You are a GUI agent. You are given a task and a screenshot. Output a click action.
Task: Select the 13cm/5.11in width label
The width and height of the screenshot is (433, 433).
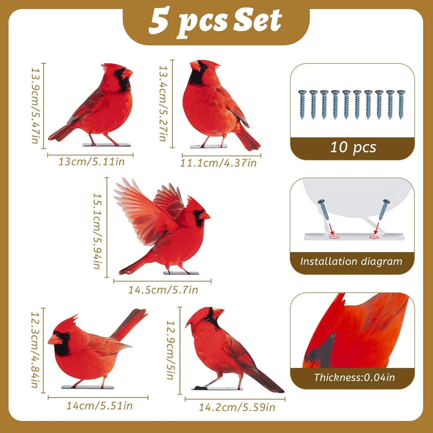pyautogui.click(x=91, y=162)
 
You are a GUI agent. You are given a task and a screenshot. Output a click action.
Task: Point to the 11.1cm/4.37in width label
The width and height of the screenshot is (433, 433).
pyautogui.click(x=218, y=163)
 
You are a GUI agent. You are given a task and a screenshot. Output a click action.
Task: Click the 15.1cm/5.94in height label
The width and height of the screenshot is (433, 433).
pyautogui.click(x=98, y=230)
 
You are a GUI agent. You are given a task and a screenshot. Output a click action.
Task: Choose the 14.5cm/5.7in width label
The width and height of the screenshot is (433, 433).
pyautogui.click(x=163, y=290)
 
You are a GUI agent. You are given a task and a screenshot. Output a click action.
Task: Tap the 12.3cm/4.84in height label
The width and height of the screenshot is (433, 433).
pyautogui.click(x=36, y=350)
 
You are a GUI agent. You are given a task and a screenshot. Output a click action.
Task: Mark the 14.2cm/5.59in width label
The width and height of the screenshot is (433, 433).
pyautogui.click(x=237, y=407)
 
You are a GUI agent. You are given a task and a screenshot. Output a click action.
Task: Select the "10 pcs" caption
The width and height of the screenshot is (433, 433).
pyautogui.click(x=353, y=147)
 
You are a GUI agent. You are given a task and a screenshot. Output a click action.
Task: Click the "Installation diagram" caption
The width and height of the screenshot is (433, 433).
pyautogui.click(x=351, y=262)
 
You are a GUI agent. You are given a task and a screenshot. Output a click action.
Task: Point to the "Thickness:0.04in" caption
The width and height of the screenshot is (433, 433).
pyautogui.click(x=354, y=378)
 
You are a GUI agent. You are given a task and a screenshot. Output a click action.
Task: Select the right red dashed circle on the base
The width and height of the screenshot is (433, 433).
pyautogui.click(x=374, y=237)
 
